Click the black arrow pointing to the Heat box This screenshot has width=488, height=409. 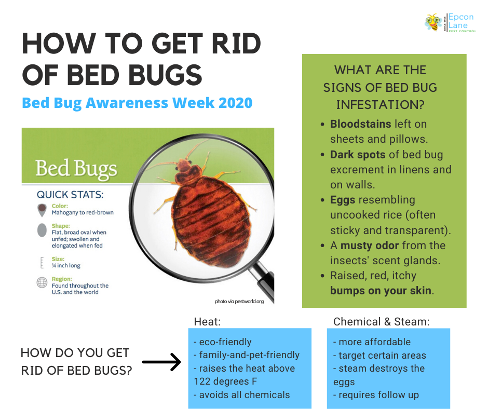click(x=161, y=362)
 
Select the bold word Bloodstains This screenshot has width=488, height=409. click(x=360, y=124)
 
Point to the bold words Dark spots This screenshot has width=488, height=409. click(x=358, y=155)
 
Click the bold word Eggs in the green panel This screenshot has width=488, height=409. click(x=342, y=200)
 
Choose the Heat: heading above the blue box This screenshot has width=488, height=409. click(x=207, y=321)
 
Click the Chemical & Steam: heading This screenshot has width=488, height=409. click(x=381, y=321)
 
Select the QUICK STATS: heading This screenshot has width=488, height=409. click(x=70, y=195)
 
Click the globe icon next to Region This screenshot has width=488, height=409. click(x=42, y=282)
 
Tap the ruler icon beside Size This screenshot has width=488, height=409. click(x=42, y=263)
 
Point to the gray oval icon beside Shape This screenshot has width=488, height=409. click(x=42, y=230)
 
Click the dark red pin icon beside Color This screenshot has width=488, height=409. click(x=42, y=210)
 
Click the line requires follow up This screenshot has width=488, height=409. click(x=376, y=395)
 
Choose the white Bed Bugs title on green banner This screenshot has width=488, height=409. click(x=76, y=169)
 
